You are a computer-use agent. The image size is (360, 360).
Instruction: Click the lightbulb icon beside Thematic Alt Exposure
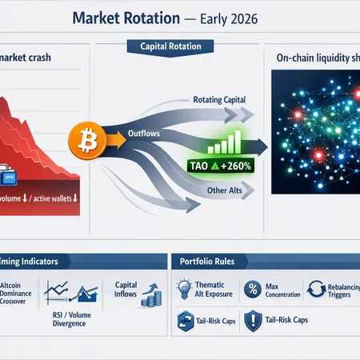click(x=182, y=290)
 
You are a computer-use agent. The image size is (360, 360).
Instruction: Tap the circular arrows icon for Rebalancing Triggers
click(x=314, y=290)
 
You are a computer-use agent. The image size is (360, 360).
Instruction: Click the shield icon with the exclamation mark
click(x=253, y=320)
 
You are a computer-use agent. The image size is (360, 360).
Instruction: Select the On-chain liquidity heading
click(x=316, y=58)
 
